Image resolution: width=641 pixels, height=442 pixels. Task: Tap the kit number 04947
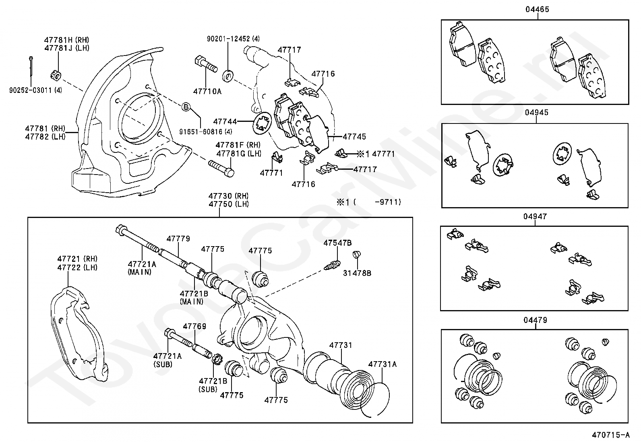click(535, 216)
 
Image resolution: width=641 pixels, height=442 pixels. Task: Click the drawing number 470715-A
click(610, 435)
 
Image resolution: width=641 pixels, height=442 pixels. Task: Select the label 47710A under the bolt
click(207, 91)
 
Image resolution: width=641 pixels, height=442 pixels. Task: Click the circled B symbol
click(186, 107)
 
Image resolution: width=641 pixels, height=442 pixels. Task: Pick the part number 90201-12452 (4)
click(233, 39)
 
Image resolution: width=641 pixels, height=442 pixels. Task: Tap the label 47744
click(225, 121)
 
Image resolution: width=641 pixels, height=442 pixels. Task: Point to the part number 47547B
click(337, 243)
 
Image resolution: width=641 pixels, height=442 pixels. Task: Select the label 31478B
click(357, 273)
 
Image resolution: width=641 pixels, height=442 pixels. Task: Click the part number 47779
click(178, 239)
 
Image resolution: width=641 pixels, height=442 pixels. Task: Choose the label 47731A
click(382, 364)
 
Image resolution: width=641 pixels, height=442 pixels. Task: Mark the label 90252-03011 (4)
click(35, 90)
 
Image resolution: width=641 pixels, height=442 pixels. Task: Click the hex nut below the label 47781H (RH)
click(56, 75)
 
